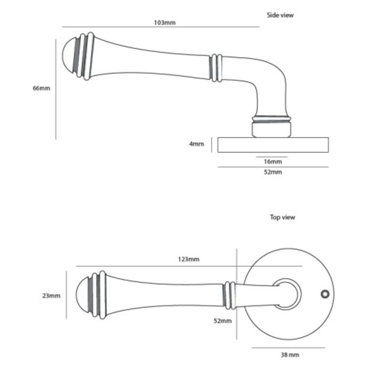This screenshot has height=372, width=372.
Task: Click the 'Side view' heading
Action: (x=280, y=15)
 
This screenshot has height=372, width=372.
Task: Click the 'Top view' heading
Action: (x=283, y=217)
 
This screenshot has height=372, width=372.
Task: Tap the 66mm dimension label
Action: (x=41, y=89)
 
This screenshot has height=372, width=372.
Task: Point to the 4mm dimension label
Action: (x=197, y=144)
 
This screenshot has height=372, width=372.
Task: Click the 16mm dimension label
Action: (x=272, y=162)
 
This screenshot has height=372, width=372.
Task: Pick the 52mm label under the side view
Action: (x=272, y=173)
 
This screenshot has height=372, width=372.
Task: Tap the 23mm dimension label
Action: (x=52, y=295)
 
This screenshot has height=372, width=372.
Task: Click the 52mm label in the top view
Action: (x=223, y=320)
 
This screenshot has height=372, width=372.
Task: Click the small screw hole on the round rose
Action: (x=323, y=294)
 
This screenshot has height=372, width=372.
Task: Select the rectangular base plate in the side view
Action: (x=273, y=145)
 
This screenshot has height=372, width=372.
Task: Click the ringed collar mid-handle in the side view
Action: (x=214, y=68)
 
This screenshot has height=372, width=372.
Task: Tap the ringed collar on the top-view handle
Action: (x=229, y=295)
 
